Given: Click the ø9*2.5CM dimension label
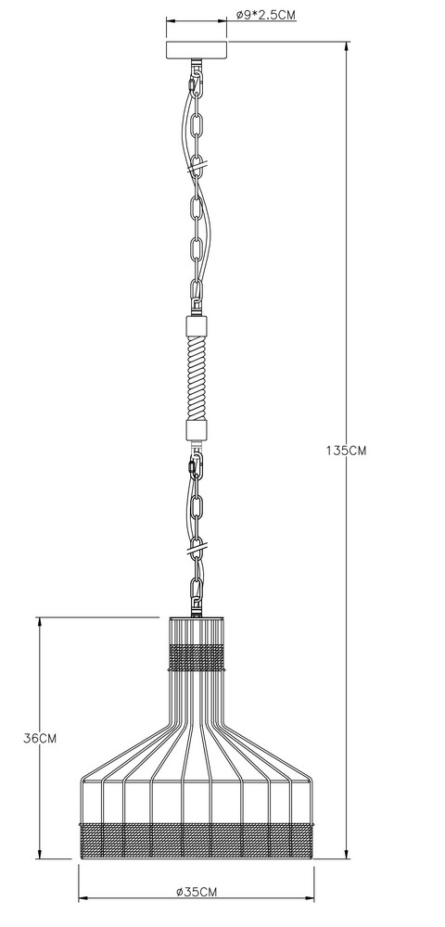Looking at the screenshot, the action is pyautogui.click(x=265, y=16).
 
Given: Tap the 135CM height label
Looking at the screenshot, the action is pyautogui.click(x=347, y=450).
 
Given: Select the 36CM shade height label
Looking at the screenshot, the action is pyautogui.click(x=40, y=738).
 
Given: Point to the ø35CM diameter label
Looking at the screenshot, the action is pyautogui.click(x=197, y=892).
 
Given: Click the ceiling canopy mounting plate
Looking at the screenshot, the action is pyautogui.click(x=197, y=50).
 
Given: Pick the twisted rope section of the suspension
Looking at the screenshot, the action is pyautogui.click(x=197, y=377).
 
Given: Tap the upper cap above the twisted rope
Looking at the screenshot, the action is pyautogui.click(x=197, y=325).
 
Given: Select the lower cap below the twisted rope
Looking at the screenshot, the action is pyautogui.click(x=197, y=429).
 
